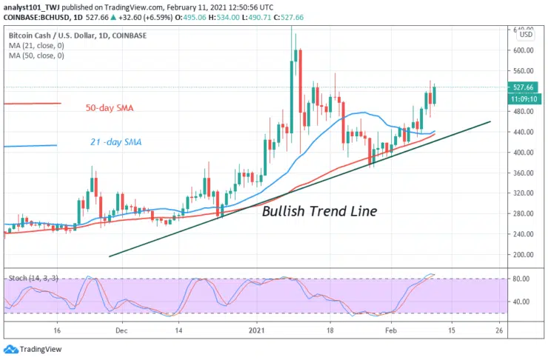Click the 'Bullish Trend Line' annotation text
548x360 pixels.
point(320,211)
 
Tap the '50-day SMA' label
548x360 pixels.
point(110,108)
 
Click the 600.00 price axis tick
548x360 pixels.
point(524,50)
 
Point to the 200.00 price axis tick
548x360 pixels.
point(524,254)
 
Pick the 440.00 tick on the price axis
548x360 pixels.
point(524,132)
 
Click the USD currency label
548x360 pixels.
point(525,34)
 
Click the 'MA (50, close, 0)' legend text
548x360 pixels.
point(37,56)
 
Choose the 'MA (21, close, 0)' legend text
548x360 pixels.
point(37,45)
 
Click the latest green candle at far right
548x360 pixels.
point(435,94)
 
